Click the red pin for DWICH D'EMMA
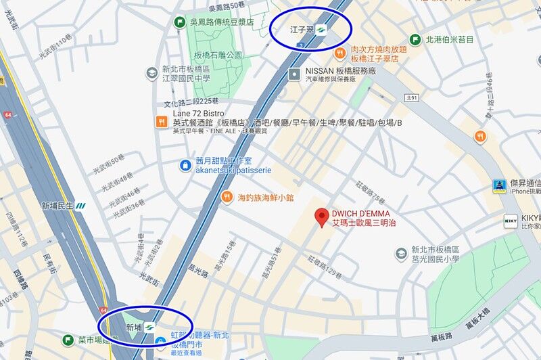[322, 216]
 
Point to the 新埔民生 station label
[57, 206]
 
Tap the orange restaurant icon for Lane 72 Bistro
[161, 122]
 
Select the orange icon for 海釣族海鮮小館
[227, 197]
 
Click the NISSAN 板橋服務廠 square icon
[294, 74]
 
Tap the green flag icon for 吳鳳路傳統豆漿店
[180, 22]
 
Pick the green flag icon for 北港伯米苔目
[414, 39]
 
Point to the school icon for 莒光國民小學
[401, 254]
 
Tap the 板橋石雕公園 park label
[218, 55]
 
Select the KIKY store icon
[511, 221]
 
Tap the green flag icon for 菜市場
[68, 340]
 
